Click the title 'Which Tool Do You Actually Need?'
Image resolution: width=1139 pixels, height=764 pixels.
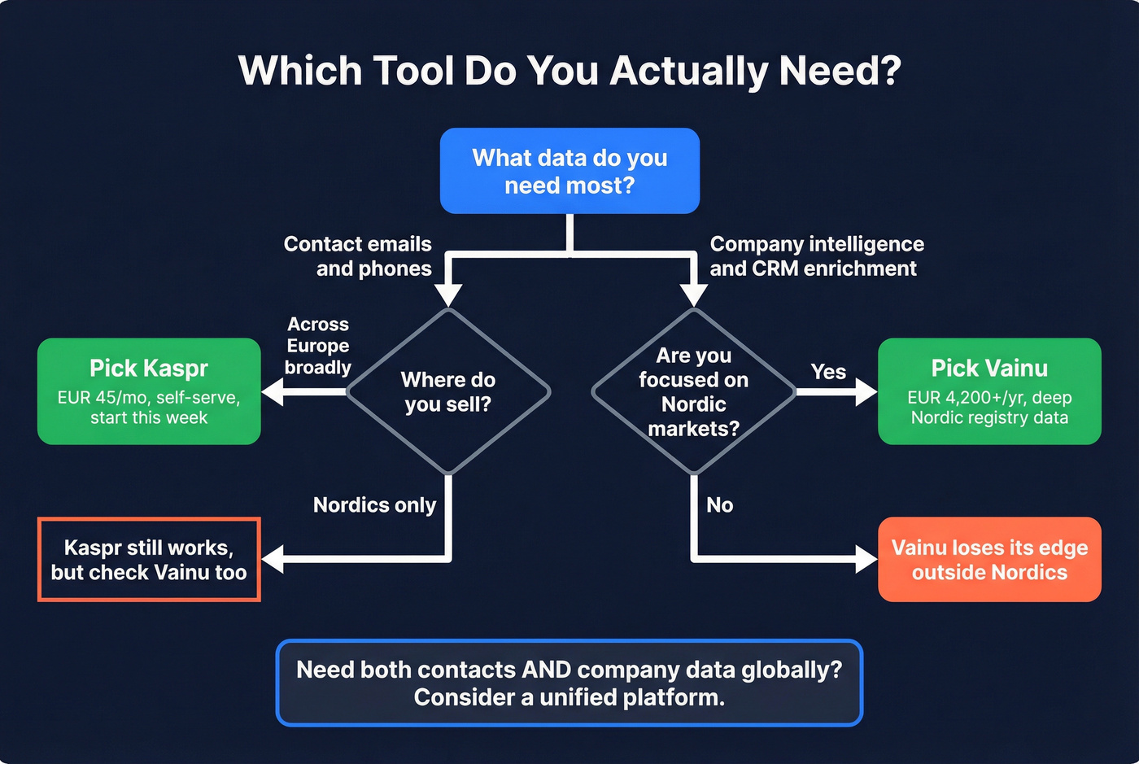point(569,71)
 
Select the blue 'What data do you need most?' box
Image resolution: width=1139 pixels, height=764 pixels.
point(569,171)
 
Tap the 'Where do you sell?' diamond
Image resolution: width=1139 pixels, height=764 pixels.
point(448,391)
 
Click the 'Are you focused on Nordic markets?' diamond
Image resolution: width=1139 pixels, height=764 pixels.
point(693,391)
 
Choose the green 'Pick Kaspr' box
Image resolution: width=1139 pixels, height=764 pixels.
point(149,391)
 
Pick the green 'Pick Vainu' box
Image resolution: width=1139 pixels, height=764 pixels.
point(989,391)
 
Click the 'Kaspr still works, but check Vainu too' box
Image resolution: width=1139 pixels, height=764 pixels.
point(149,560)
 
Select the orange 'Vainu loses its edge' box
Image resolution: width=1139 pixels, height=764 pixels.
point(989,560)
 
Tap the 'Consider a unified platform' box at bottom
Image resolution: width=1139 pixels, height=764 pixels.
point(569,683)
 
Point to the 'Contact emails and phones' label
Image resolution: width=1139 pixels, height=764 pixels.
point(358,256)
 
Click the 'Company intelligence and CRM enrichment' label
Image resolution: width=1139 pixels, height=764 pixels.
point(816,256)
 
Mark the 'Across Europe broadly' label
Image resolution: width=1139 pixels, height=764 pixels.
point(318,346)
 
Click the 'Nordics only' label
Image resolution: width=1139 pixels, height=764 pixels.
point(374,505)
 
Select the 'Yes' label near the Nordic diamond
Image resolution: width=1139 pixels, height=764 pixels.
point(828,372)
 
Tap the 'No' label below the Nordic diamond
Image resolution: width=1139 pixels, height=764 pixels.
point(719,505)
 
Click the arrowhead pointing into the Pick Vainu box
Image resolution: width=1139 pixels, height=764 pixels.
point(866,392)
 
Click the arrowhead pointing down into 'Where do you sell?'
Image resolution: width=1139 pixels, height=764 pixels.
point(448,295)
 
